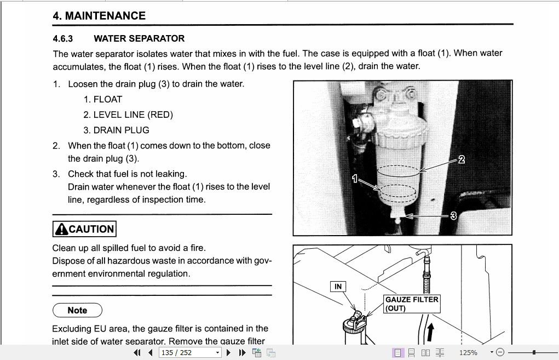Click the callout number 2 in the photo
(461, 159)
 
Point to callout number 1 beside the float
(355, 179)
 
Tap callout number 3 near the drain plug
(453, 216)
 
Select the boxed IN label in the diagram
(338, 287)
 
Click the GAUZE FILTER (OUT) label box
(412, 304)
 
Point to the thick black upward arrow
(431, 332)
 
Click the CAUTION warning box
(84, 229)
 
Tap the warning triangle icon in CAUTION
(61, 229)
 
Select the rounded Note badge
(77, 310)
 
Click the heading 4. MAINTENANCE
(99, 16)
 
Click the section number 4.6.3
(63, 38)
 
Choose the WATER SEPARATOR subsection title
(139, 38)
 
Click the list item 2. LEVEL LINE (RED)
(128, 115)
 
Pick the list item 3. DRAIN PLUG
(116, 130)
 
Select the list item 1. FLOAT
(103, 99)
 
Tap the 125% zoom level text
(468, 352)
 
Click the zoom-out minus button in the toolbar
(499, 352)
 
